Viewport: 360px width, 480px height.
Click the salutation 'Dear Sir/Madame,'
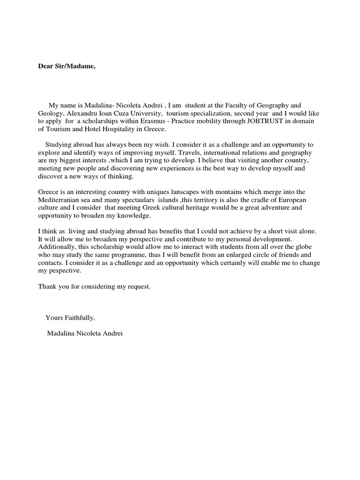click(x=67, y=66)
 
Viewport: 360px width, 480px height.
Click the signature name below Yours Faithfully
click(x=85, y=334)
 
